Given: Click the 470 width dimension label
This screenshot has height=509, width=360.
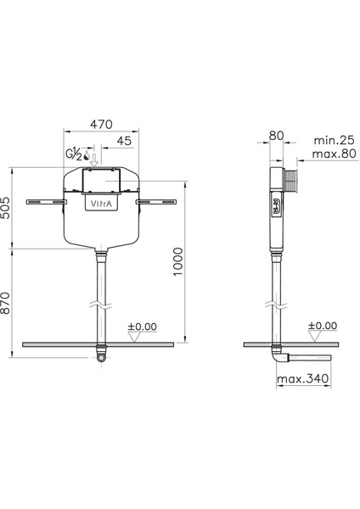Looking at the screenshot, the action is point(101,125).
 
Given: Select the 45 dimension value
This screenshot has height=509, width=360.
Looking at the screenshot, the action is point(124,141).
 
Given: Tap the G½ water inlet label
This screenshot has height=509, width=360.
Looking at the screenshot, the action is point(74,154).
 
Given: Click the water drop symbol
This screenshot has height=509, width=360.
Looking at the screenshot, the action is point(87,155).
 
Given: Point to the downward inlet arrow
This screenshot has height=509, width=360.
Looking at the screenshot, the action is point(94,160).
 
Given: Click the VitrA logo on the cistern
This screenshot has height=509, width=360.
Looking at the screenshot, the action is point(101,204).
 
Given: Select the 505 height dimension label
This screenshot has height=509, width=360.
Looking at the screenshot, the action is point(6,208).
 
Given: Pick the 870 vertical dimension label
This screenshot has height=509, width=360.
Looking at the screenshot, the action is point(6,303).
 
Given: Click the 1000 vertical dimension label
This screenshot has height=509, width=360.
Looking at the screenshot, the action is point(177,261).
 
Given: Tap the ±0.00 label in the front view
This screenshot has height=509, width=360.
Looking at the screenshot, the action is point(142,327).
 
